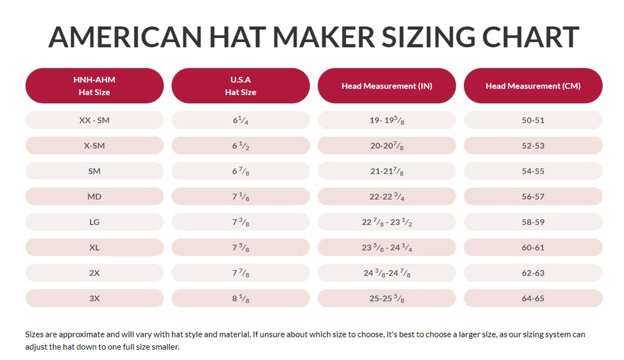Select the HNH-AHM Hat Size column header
(x=94, y=86)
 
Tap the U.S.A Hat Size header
(x=241, y=86)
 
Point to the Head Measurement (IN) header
(x=387, y=86)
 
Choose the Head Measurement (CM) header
(x=533, y=86)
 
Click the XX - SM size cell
(x=94, y=120)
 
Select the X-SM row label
(x=94, y=146)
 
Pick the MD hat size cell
(x=94, y=197)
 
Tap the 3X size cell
(x=94, y=298)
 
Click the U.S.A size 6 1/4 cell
(x=241, y=120)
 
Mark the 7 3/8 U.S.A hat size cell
(x=241, y=222)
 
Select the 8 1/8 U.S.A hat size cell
(x=241, y=298)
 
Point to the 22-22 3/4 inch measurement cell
(x=387, y=197)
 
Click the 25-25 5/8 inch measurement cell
(x=387, y=298)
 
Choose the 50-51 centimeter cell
(x=533, y=120)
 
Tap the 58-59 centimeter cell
(x=533, y=222)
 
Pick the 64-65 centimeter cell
(x=533, y=298)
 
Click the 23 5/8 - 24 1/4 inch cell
(x=387, y=248)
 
